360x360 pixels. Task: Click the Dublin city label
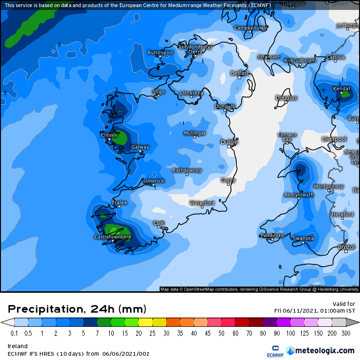point(230,142)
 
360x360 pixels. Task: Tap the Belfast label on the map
point(240,73)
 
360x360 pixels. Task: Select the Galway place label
point(140,147)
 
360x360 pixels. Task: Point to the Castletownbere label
point(113,237)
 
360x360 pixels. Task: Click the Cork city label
point(159,223)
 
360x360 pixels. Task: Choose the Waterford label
point(202,203)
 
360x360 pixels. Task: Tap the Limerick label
point(153,181)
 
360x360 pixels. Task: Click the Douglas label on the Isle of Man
point(286,98)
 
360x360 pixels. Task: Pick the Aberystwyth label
point(299,195)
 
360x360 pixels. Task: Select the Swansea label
point(303,238)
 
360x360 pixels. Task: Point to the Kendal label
point(342,89)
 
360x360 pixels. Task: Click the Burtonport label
point(160,53)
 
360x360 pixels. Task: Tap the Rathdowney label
point(187,170)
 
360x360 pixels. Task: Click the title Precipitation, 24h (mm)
point(77,309)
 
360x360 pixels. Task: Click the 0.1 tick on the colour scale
point(14,333)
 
